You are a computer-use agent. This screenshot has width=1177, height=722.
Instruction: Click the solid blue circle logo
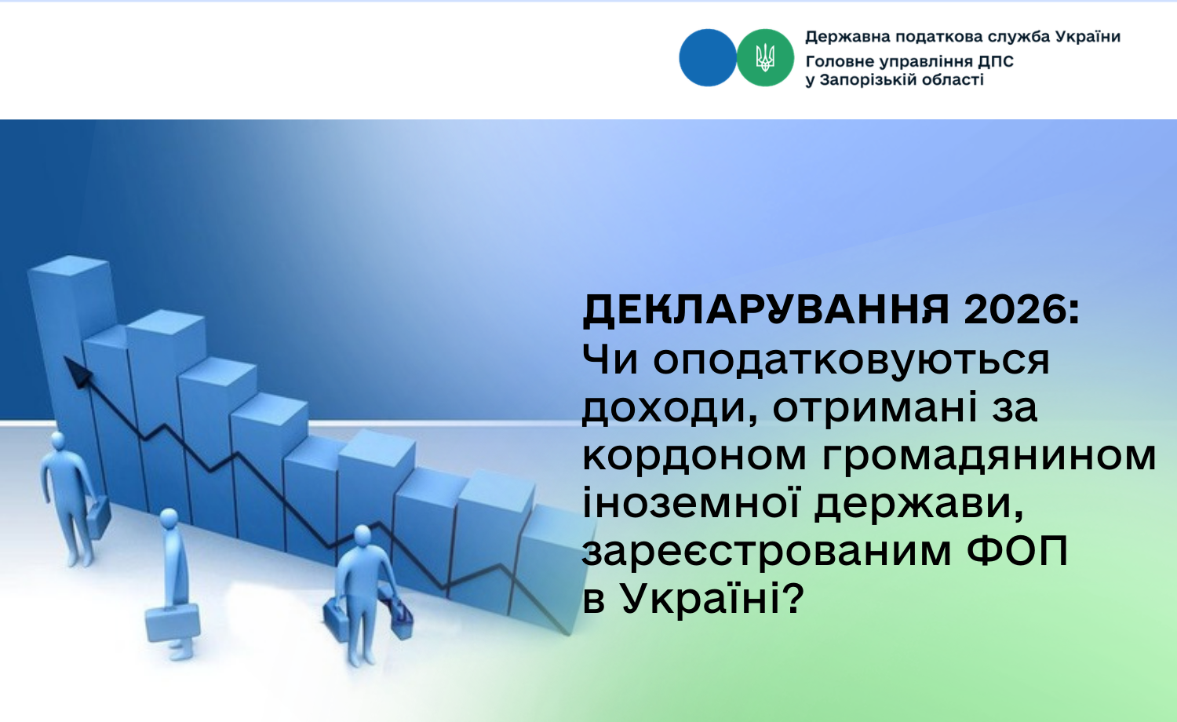[x=707, y=58]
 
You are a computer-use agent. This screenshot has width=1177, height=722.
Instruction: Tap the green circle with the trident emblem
[x=765, y=58]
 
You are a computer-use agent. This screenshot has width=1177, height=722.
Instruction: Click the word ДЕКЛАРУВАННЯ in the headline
[x=766, y=311]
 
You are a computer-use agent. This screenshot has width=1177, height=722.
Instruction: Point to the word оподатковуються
[x=851, y=362]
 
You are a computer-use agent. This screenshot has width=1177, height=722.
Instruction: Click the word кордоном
[x=694, y=455]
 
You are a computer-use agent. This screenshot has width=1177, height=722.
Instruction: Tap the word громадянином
[x=989, y=456]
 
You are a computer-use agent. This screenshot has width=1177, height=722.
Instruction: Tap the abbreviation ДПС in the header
[x=996, y=62]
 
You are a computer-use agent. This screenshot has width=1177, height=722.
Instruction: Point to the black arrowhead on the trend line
[x=77, y=371]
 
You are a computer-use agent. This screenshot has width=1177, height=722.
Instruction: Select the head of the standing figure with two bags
[x=362, y=536]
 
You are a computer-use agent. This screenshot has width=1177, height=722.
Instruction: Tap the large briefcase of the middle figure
[x=173, y=624]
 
